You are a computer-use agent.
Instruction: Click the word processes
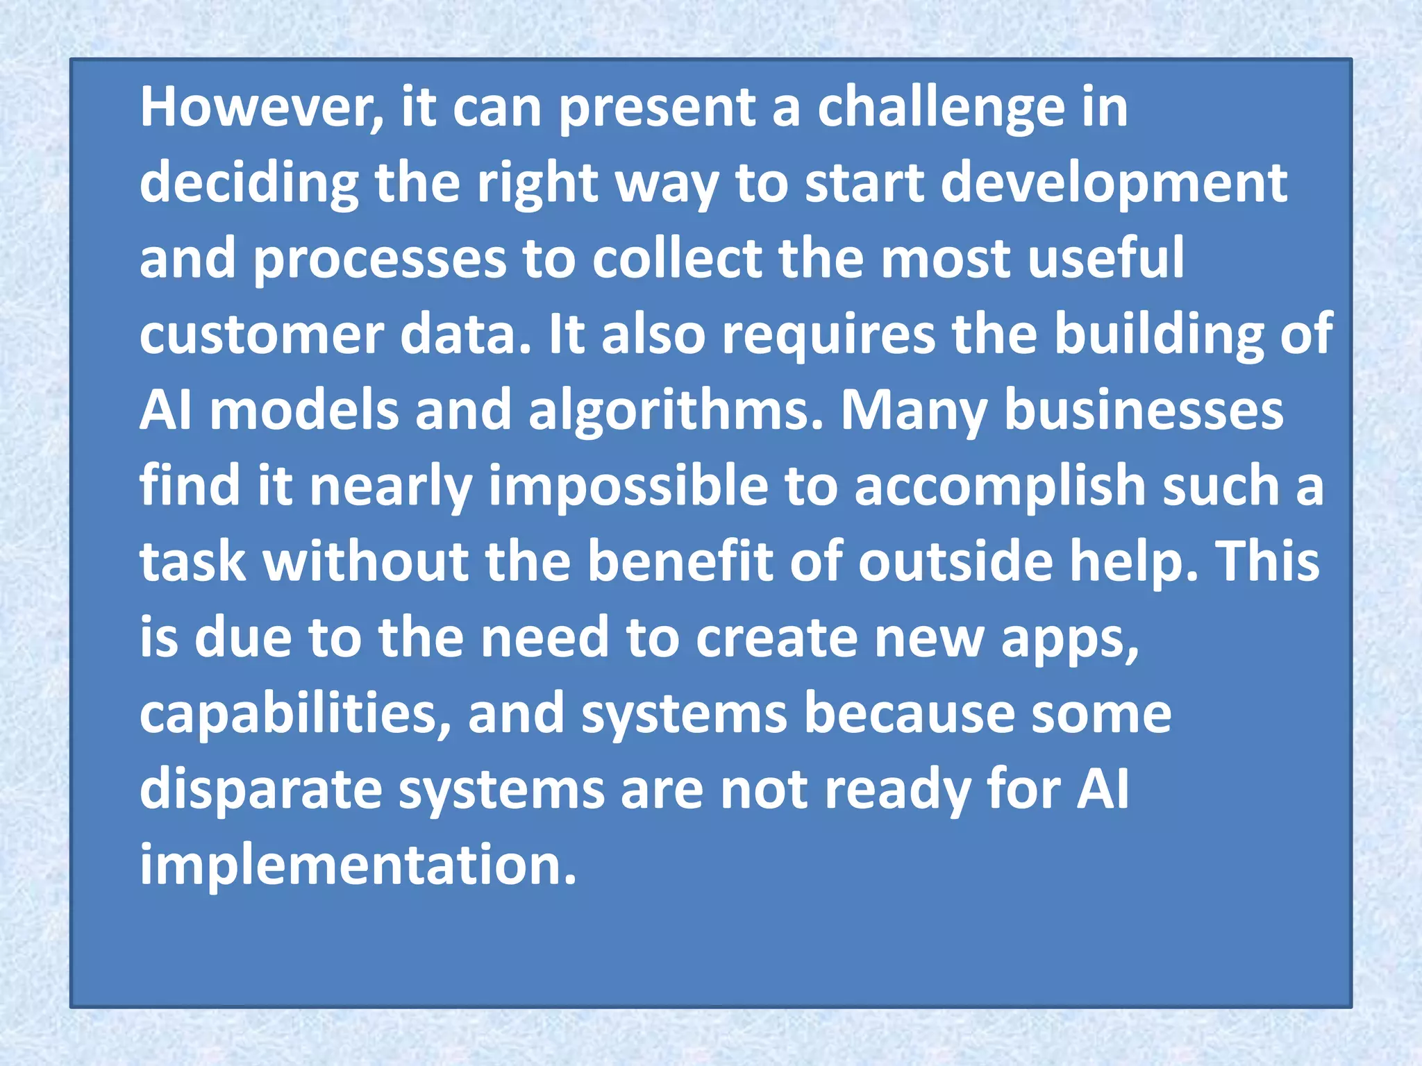[x=380, y=260]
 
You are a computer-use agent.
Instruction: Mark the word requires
[x=828, y=335]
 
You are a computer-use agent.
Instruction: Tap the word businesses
[x=1144, y=411]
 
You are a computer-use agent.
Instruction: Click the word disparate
[x=261, y=790]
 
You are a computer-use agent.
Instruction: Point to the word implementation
[x=358, y=865]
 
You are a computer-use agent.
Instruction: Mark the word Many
[x=914, y=412]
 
